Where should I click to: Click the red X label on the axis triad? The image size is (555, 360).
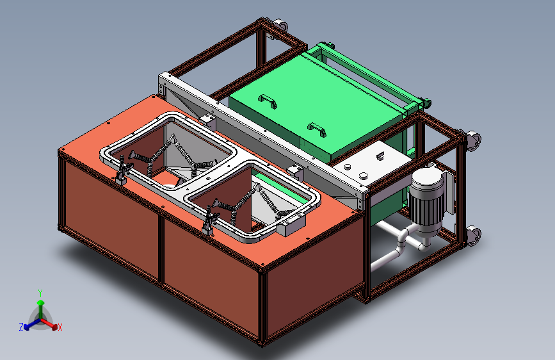[x=60, y=328]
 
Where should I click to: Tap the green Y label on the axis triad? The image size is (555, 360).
[x=40, y=293]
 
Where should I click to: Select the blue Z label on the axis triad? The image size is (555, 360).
[x=21, y=327]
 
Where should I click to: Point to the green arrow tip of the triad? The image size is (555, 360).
[x=41, y=302]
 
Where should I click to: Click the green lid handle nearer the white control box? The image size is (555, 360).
[x=317, y=129]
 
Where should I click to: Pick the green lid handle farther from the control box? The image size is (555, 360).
[x=268, y=101]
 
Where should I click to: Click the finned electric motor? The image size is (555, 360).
[x=426, y=202]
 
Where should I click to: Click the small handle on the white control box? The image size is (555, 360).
[x=380, y=156]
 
